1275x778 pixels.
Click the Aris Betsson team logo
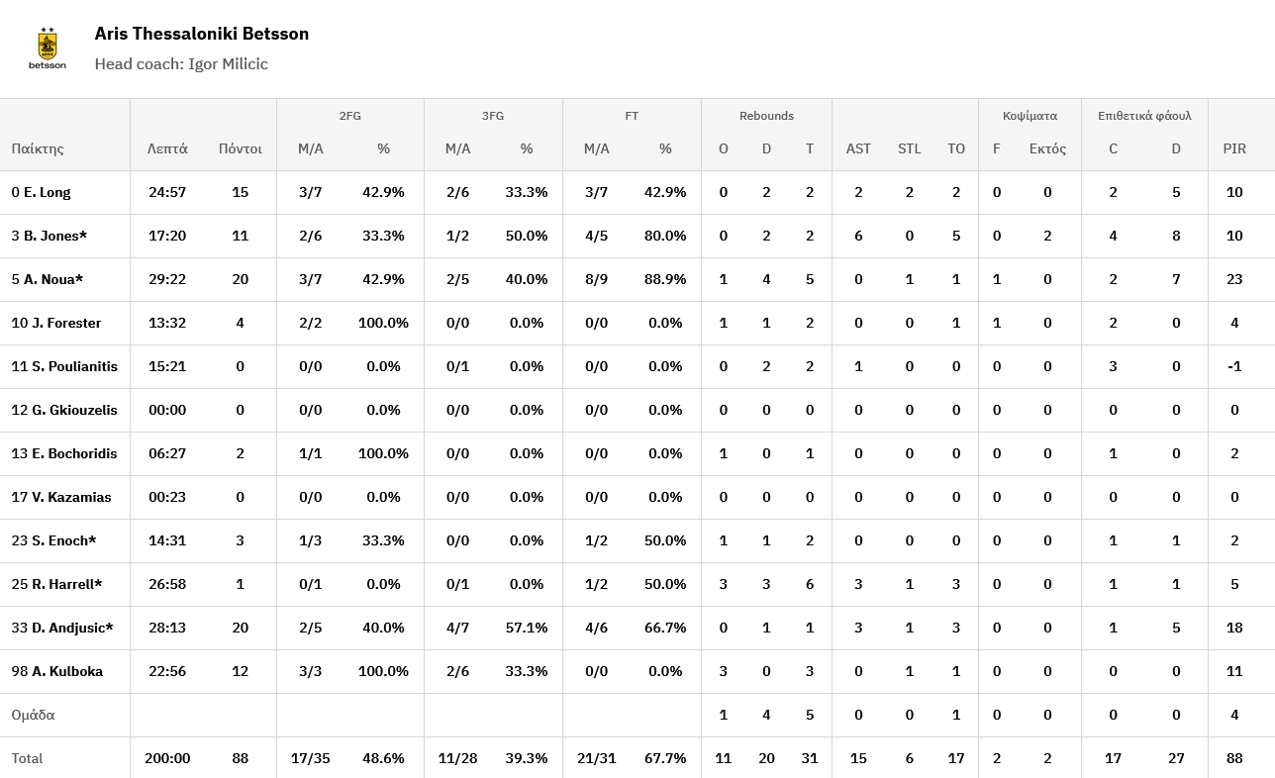[48, 49]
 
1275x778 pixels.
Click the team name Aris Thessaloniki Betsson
[202, 34]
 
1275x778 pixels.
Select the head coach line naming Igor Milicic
[181, 64]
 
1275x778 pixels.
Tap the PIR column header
[1234, 148]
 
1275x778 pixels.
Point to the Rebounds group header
[766, 116]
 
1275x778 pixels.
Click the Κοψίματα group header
[1030, 116]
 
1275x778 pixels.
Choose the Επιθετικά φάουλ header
[1144, 116]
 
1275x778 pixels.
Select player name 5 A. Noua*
[48, 279]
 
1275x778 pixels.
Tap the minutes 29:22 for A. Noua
[167, 279]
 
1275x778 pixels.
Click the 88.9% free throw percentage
[665, 279]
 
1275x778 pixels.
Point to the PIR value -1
[1234, 366]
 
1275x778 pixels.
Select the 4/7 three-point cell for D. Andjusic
[457, 628]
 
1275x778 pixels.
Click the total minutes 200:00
[167, 758]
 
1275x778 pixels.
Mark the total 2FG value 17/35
[311, 758]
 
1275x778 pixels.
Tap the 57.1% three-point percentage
[527, 628]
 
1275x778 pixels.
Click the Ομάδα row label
[34, 715]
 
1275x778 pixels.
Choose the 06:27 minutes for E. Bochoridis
[167, 453]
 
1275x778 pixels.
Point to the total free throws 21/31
[596, 758]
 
